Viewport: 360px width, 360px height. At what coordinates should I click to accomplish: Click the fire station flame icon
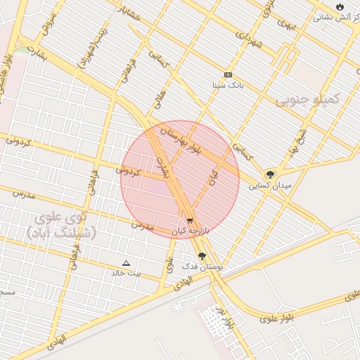pos(340,6)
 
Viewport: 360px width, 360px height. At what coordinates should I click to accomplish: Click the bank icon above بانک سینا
pos(228,75)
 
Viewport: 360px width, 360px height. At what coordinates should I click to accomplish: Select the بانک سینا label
pos(228,85)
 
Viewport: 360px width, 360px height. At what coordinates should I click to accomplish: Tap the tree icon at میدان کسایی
pos(270,174)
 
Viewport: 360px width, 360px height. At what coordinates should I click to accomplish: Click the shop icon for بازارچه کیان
pos(190,221)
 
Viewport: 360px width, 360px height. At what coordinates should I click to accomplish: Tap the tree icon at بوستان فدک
pos(202,257)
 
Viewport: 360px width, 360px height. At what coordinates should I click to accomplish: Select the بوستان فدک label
pos(202,267)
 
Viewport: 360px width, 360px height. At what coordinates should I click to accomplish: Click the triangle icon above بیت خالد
pos(127,262)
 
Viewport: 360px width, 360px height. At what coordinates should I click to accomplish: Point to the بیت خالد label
pos(127,272)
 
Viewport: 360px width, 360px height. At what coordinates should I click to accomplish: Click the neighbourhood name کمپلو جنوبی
pos(307,99)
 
